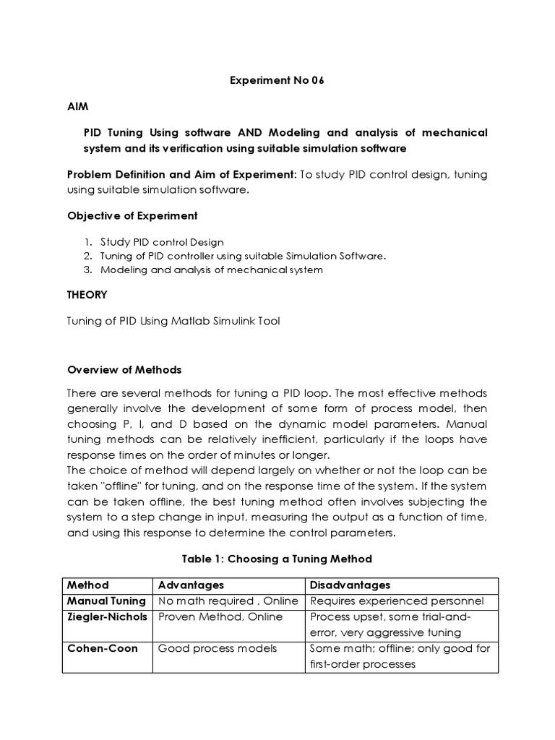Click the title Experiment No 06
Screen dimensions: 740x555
277,80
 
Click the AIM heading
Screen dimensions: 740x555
77,106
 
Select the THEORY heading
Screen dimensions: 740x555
87,295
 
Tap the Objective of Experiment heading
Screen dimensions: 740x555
132,216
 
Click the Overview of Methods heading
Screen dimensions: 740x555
124,369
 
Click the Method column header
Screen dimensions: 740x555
88,585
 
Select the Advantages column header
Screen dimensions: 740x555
191,585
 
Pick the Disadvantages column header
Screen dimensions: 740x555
350,585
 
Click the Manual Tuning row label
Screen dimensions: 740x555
106,601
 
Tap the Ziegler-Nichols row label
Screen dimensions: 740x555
107,616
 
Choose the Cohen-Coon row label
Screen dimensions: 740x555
101,648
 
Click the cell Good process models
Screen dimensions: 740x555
218,648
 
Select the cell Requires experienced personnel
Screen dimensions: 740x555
396,601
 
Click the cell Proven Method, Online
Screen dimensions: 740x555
220,616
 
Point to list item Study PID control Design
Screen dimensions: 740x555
162,242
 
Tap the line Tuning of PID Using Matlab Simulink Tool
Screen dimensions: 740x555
173,322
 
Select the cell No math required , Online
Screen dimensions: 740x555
228,601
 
